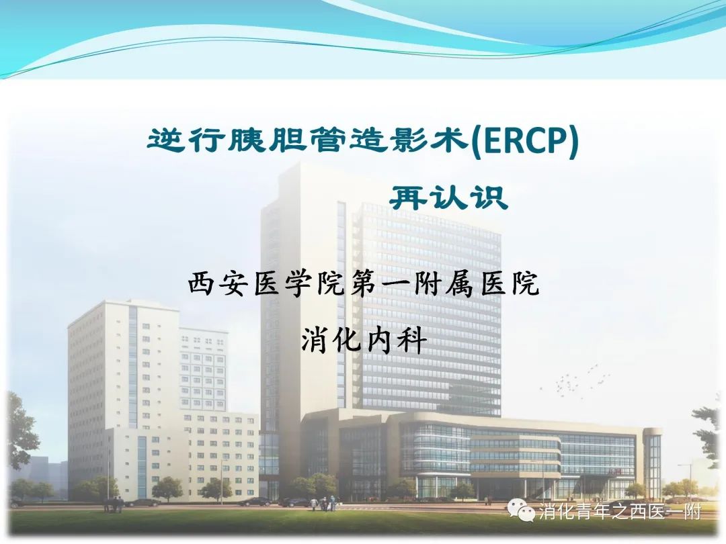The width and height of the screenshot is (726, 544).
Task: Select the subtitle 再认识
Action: [448, 198]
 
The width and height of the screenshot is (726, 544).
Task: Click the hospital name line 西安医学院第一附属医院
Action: [364, 283]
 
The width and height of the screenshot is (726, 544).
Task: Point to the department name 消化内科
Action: [364, 341]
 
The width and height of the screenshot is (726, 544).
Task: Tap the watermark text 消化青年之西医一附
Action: [620, 512]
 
